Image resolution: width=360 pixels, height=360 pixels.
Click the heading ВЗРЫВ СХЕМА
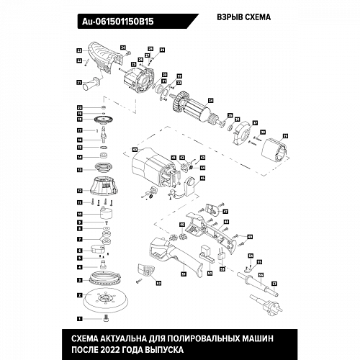244,17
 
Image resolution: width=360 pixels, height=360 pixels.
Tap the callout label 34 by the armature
211,100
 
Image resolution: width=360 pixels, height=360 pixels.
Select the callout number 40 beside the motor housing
135,150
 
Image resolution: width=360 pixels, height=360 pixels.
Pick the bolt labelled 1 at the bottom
106,318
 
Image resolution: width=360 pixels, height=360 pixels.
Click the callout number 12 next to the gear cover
79,191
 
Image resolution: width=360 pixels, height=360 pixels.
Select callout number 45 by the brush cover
203,178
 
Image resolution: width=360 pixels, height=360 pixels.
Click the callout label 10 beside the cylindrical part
79,214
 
